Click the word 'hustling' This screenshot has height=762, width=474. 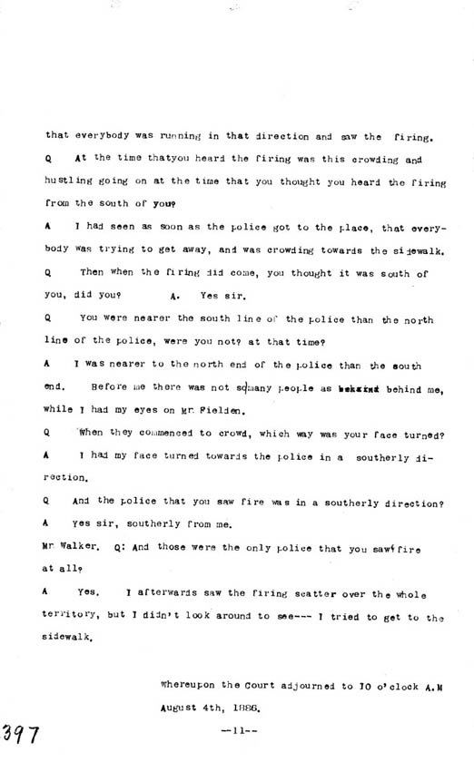point(67,181)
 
